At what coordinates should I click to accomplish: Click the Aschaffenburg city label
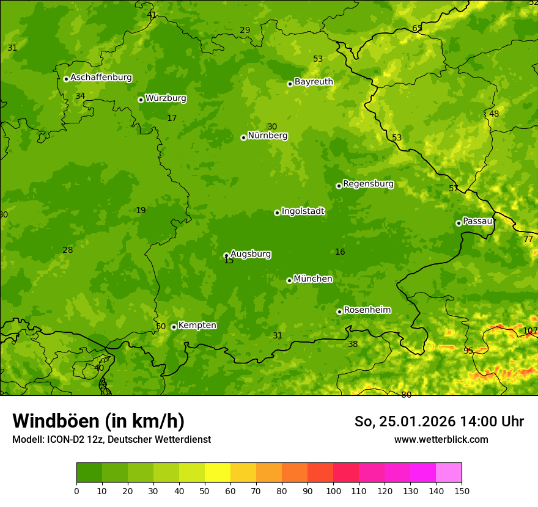click(x=101, y=78)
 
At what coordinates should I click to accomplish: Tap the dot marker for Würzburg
click(x=141, y=100)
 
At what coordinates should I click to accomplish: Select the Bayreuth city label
click(x=314, y=81)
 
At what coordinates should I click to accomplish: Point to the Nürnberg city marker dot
click(x=243, y=137)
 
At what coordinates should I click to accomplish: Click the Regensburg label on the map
click(x=368, y=183)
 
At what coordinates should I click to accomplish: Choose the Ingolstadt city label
click(x=303, y=211)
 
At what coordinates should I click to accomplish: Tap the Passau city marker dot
click(x=459, y=223)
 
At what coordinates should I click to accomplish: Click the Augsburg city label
click(x=251, y=253)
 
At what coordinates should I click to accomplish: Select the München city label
click(x=313, y=279)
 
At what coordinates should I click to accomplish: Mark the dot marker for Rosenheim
click(x=339, y=312)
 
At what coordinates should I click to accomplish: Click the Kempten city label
click(x=197, y=325)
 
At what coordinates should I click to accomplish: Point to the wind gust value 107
click(x=530, y=330)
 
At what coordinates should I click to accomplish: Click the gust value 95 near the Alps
click(x=468, y=351)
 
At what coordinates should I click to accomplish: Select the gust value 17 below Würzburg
click(x=172, y=118)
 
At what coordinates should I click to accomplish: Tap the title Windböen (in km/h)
click(x=98, y=421)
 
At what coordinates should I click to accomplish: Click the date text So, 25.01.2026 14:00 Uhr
click(x=439, y=421)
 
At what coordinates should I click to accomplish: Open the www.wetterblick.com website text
click(x=441, y=439)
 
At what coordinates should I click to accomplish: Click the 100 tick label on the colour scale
click(x=333, y=491)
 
